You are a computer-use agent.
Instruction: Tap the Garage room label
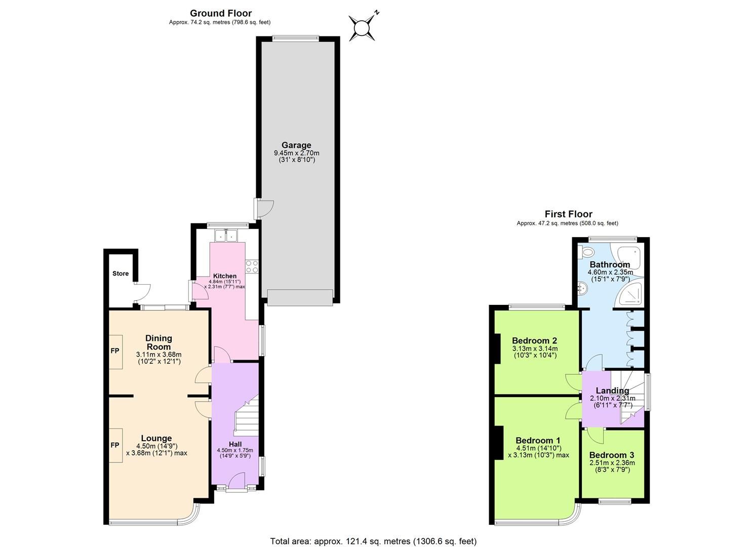tap(296, 145)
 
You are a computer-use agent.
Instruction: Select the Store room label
tap(121, 273)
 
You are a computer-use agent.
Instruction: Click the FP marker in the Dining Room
tap(115, 350)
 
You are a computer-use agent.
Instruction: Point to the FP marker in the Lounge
tap(115, 445)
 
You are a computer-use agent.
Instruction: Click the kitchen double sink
tap(226, 236)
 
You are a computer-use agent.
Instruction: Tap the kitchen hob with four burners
tap(252, 266)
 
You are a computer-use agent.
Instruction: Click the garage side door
tap(264, 208)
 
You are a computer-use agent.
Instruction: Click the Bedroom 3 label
tap(612, 455)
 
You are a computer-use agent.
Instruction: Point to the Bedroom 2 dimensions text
tap(534, 352)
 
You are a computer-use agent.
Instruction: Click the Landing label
tap(612, 390)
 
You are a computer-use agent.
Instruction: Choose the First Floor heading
tap(568, 214)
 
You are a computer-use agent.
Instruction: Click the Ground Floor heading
tap(221, 13)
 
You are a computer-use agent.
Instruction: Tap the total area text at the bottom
tap(373, 541)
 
